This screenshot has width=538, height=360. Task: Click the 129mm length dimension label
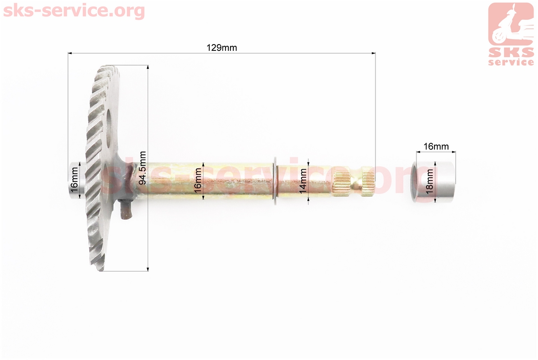click(x=222, y=47)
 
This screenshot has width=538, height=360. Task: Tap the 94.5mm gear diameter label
click(x=143, y=168)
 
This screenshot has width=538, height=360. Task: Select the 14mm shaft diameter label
click(x=303, y=181)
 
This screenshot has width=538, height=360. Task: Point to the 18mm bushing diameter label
click(x=429, y=181)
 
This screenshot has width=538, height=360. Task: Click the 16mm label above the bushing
click(x=436, y=146)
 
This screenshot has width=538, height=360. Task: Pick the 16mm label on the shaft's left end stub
click(x=74, y=180)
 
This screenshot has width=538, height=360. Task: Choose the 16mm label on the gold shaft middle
click(x=198, y=181)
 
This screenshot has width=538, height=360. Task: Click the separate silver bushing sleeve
click(x=433, y=181)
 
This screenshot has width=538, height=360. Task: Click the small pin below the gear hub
click(x=126, y=210)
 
